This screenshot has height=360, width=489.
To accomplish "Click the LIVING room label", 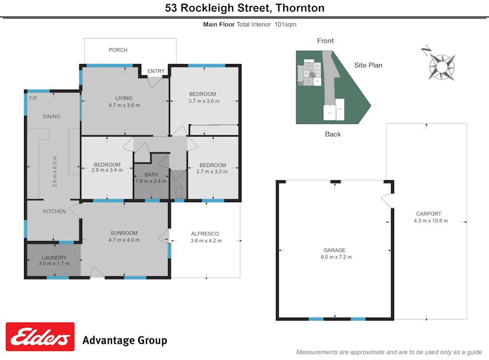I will click(x=124, y=98).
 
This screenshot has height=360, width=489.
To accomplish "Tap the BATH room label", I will click(x=151, y=174).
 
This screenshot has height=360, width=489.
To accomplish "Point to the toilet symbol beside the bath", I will click(x=179, y=191).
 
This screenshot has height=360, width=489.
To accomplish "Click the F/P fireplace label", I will click(x=33, y=99).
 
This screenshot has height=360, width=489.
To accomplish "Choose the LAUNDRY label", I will click(x=54, y=258).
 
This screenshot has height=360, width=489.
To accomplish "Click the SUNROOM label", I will click(x=124, y=233).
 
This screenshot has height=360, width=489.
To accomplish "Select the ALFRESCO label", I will click(x=205, y=234).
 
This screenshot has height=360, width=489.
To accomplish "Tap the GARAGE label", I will click(x=334, y=250).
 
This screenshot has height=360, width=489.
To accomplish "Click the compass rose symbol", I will click(x=442, y=66).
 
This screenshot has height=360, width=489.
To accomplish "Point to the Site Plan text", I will click(x=368, y=66).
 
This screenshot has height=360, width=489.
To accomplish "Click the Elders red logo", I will click(x=40, y=337).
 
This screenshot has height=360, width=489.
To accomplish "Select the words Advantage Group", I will click(x=124, y=340).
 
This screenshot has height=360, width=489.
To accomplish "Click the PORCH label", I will click(x=118, y=50).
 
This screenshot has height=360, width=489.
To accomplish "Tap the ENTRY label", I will click(x=156, y=71).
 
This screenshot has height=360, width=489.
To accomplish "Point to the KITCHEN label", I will click(x=54, y=211).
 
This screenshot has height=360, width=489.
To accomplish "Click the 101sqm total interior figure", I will click(x=285, y=24).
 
